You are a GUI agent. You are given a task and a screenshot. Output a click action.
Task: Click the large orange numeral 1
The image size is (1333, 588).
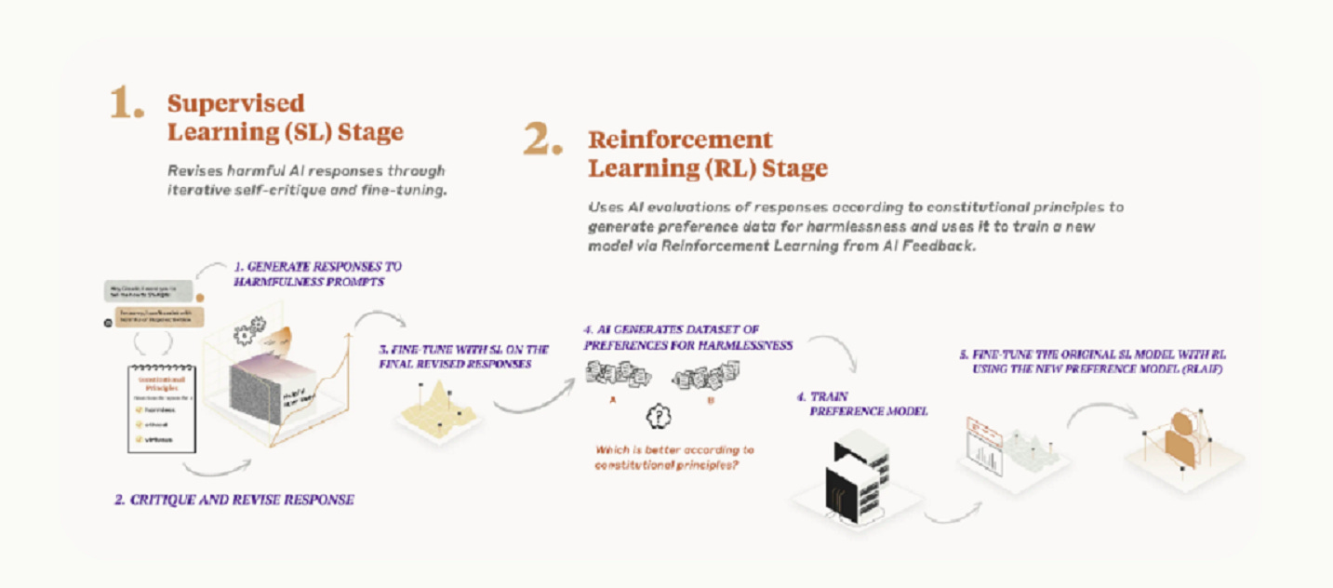point(126,104)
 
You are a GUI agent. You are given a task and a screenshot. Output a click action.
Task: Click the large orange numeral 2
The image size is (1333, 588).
point(542,140)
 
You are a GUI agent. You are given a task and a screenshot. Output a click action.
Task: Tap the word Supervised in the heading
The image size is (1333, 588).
point(235,102)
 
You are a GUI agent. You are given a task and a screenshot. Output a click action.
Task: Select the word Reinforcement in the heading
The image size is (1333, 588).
point(680,140)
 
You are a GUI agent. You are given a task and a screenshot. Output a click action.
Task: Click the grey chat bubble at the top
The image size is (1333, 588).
point(149,290)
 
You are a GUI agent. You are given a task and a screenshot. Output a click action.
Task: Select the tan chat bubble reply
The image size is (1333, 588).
point(158,319)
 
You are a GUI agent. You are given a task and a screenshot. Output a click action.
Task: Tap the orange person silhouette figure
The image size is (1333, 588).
point(1178,437)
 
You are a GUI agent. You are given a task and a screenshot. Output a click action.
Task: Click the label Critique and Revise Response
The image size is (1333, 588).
point(233,500)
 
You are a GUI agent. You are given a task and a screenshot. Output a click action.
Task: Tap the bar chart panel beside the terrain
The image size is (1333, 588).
point(984,446)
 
